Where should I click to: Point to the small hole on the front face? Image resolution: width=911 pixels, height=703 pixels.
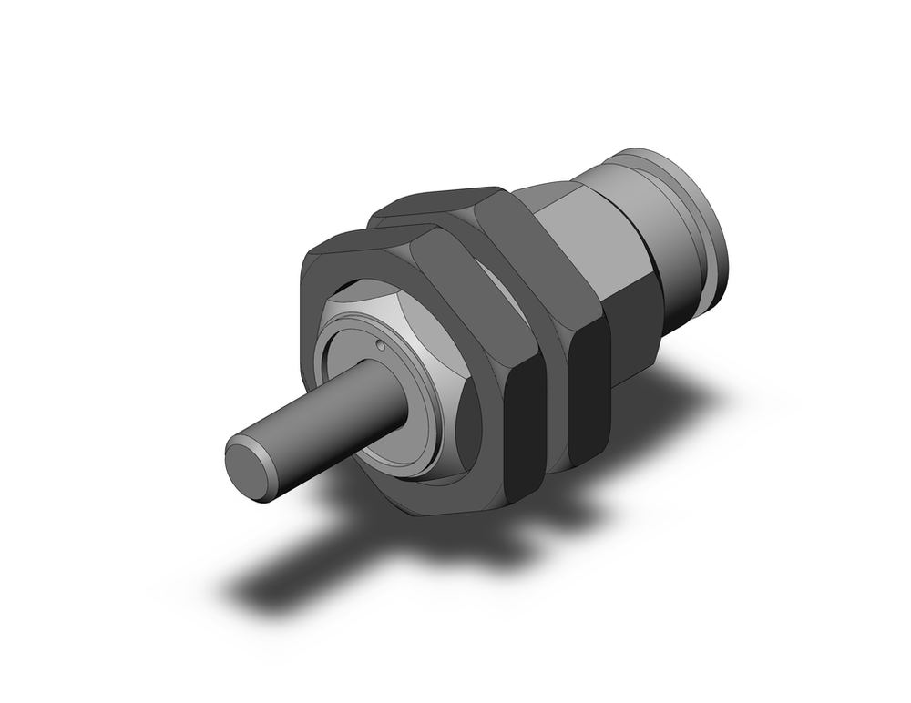pos(378,345)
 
